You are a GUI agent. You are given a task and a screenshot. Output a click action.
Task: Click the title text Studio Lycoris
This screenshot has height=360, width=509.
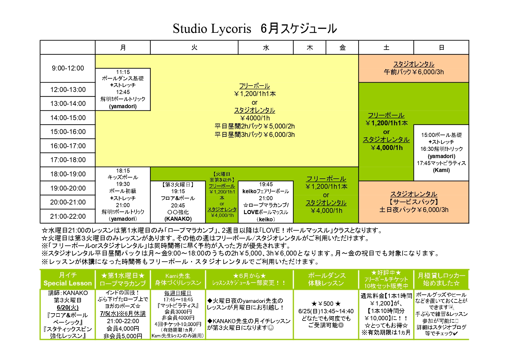pos(212,29)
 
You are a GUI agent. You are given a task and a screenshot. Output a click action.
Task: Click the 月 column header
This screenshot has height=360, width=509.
pos(123,48)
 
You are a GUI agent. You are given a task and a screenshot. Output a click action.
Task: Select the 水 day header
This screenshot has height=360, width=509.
pos(266,48)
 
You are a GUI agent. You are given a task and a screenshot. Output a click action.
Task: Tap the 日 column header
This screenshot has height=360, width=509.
pos(441,48)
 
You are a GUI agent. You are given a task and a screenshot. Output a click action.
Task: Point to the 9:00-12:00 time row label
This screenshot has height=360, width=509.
pos(68,68)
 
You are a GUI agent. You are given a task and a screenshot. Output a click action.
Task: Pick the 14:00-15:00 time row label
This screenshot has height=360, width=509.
pos(68,118)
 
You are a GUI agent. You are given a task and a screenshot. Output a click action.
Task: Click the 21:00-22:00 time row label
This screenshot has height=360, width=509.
pos(68,216)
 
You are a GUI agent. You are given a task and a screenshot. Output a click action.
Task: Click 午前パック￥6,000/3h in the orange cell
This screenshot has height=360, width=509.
pos(414,72)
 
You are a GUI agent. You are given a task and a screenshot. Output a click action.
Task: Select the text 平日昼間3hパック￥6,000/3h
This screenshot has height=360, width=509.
pos(254,135)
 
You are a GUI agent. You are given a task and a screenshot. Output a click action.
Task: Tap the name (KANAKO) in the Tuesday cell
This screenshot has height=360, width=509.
pos(178,219)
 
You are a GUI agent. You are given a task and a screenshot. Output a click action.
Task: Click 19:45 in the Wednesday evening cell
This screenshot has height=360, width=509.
pos(266,184)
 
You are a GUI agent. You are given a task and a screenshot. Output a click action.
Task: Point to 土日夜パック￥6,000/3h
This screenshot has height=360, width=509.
pos(414,210)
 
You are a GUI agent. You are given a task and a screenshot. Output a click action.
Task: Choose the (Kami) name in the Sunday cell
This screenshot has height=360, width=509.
pos(441,170)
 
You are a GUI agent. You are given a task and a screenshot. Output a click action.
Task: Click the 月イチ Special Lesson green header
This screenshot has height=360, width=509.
pos(68,279)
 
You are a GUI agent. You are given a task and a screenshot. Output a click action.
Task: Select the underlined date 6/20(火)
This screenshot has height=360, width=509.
pos(68,307)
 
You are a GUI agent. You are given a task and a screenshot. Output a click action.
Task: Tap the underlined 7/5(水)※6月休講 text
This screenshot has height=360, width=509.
pos(123,314)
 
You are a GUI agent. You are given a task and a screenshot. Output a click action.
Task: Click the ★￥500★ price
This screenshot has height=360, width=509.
pos(326,304)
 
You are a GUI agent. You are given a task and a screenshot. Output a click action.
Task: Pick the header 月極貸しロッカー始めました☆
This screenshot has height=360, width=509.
pos(441,279)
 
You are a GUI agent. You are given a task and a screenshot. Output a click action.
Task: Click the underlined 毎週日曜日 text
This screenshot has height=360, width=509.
pos(178,293)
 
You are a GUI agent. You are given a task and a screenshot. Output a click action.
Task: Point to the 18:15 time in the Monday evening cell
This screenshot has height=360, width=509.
pos(123,171)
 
